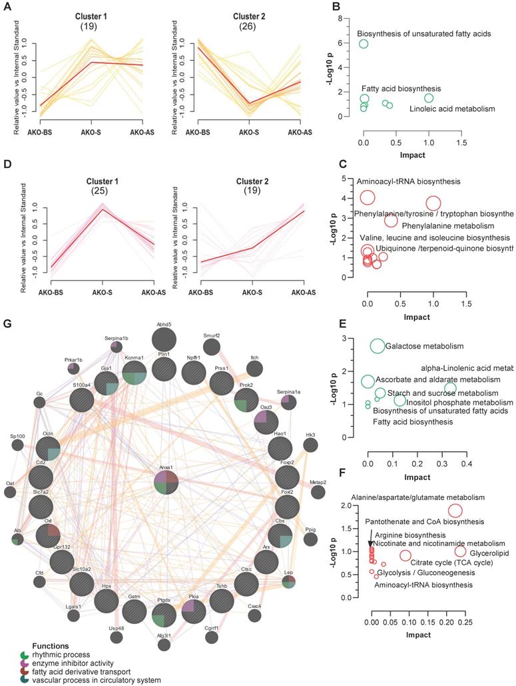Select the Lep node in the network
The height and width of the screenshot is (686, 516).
point(289,581)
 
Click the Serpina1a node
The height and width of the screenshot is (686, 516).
point(289,403)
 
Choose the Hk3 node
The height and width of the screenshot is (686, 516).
point(310,445)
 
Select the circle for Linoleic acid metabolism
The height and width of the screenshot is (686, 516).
point(429,98)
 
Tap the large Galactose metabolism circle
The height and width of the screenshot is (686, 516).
point(378,346)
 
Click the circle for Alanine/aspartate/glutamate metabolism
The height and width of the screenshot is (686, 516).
point(455,511)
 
